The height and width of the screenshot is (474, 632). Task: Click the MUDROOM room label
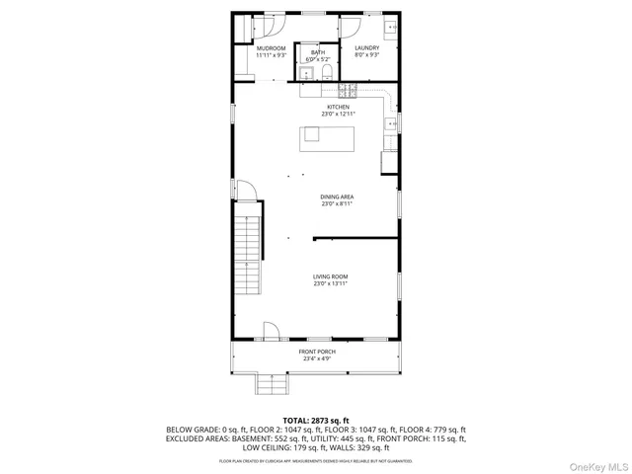pos(271,48)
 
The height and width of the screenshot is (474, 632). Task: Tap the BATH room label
pos(317,52)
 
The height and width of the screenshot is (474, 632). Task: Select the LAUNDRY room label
pos(366,48)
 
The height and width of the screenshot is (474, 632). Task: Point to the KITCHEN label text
pos(339,107)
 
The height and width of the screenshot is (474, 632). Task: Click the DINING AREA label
pos(337,197)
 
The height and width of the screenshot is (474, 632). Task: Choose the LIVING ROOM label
pos(331,276)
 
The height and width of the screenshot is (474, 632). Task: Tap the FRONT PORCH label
pos(317,352)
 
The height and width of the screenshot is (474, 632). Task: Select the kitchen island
pos(327,139)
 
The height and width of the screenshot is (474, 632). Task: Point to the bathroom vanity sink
pos(305,71)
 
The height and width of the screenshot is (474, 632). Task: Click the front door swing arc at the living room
pos(271,331)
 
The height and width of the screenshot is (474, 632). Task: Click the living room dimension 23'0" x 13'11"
pos(331,284)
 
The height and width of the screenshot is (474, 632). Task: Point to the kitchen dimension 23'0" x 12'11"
pos(339,115)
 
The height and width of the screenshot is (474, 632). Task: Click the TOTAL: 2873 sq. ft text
pos(316,421)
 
